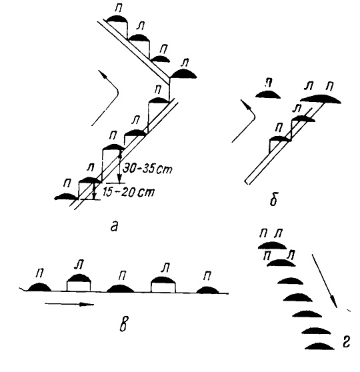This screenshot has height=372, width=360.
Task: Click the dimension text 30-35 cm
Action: pos(147,169)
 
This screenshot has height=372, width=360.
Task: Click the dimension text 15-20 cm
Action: pos(129,192)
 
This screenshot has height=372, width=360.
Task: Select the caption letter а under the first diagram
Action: pos(114,226)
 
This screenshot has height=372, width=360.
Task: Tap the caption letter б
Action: pos(273,200)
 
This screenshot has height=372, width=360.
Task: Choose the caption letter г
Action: pos(346,342)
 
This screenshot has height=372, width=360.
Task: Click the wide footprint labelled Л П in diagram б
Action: pos(321,99)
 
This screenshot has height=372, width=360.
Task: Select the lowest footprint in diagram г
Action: pos(319,347)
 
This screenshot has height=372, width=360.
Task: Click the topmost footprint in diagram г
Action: pos(272,245)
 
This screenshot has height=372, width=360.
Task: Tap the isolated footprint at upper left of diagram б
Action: pos(268,95)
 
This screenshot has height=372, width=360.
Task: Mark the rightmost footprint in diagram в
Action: pos(207,290)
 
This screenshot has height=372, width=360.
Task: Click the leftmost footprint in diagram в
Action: pos(39,287)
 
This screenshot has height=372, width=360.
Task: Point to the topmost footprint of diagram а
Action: pos(116,19)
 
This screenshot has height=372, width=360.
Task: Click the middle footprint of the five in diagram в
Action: pos(120,288)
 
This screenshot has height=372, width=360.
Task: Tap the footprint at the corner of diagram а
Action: pos(183,74)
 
